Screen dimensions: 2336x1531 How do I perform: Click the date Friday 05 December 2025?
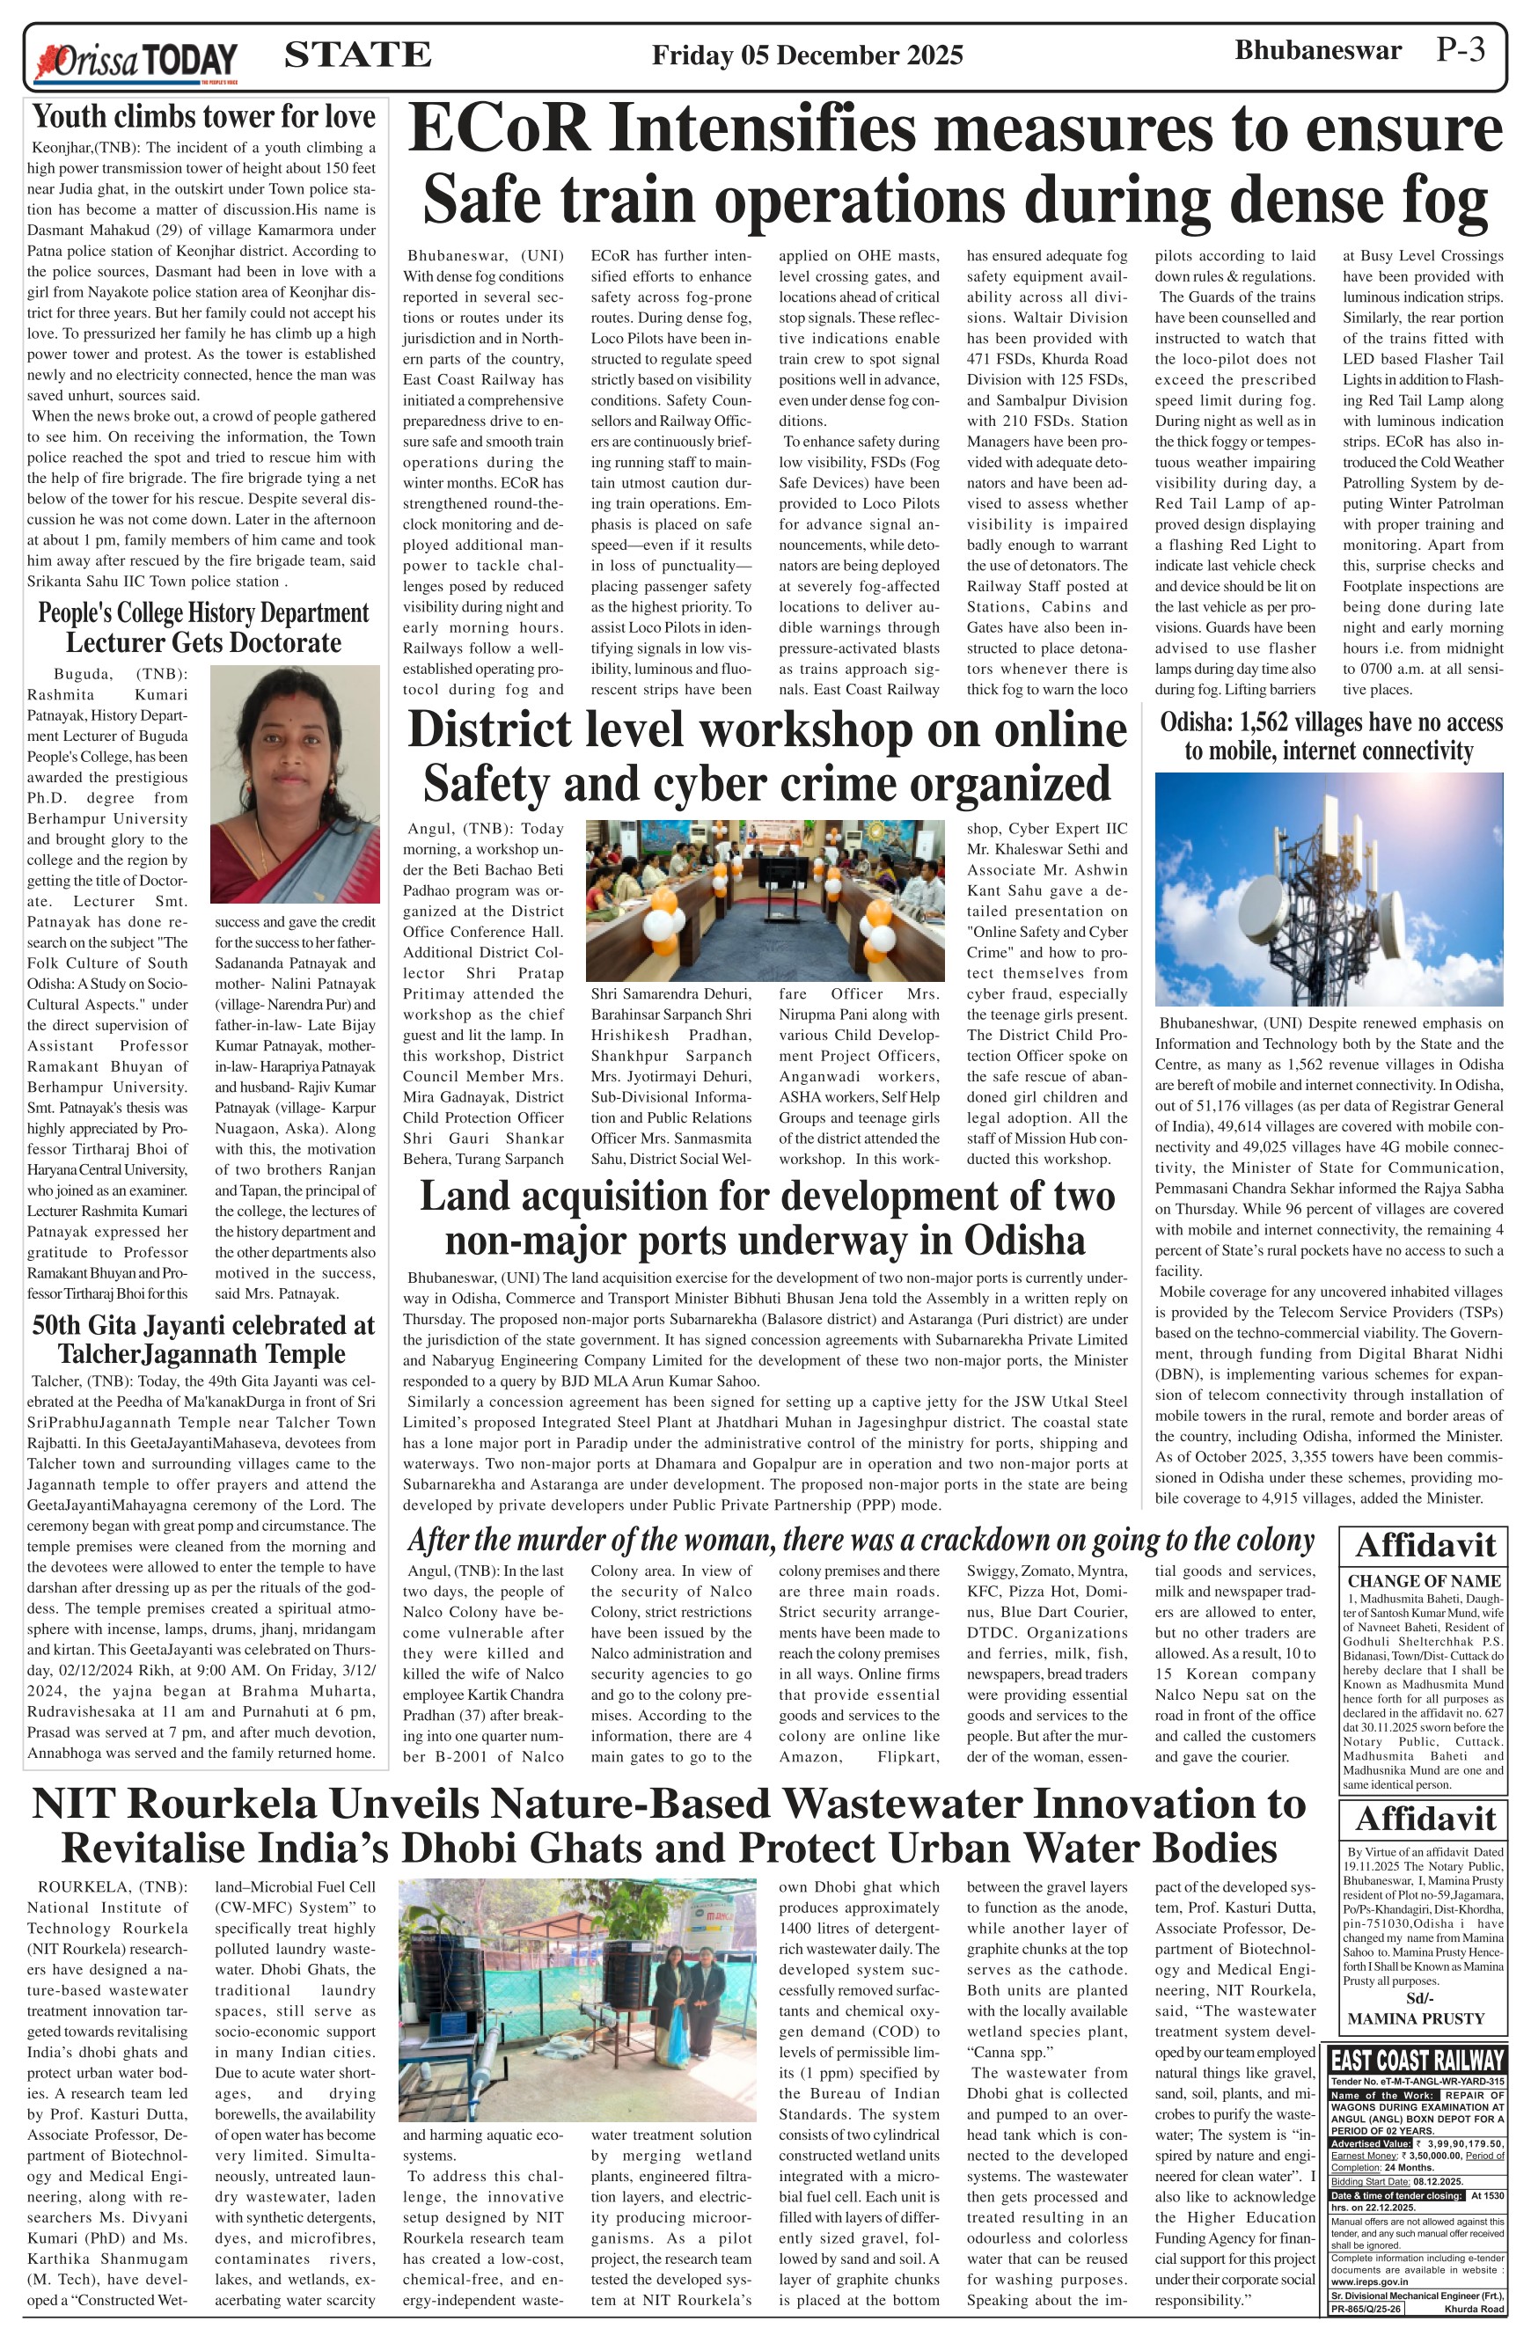click(807, 55)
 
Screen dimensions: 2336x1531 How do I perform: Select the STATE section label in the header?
click(357, 54)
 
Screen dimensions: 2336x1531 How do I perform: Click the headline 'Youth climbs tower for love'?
click(204, 117)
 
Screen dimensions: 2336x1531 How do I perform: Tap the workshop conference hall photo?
click(765, 899)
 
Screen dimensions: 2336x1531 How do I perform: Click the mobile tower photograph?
click(1328, 889)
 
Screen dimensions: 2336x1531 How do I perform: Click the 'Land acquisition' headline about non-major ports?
click(766, 1217)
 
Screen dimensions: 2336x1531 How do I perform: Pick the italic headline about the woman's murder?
click(860, 1539)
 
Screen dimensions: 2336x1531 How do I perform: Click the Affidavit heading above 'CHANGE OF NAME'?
click(1424, 1546)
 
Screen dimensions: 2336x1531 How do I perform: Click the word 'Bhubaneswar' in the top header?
click(1317, 50)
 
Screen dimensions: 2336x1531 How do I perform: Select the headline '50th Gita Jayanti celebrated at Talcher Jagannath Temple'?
click(204, 1339)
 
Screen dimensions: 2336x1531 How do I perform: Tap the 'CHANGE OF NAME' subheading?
click(1423, 1580)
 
